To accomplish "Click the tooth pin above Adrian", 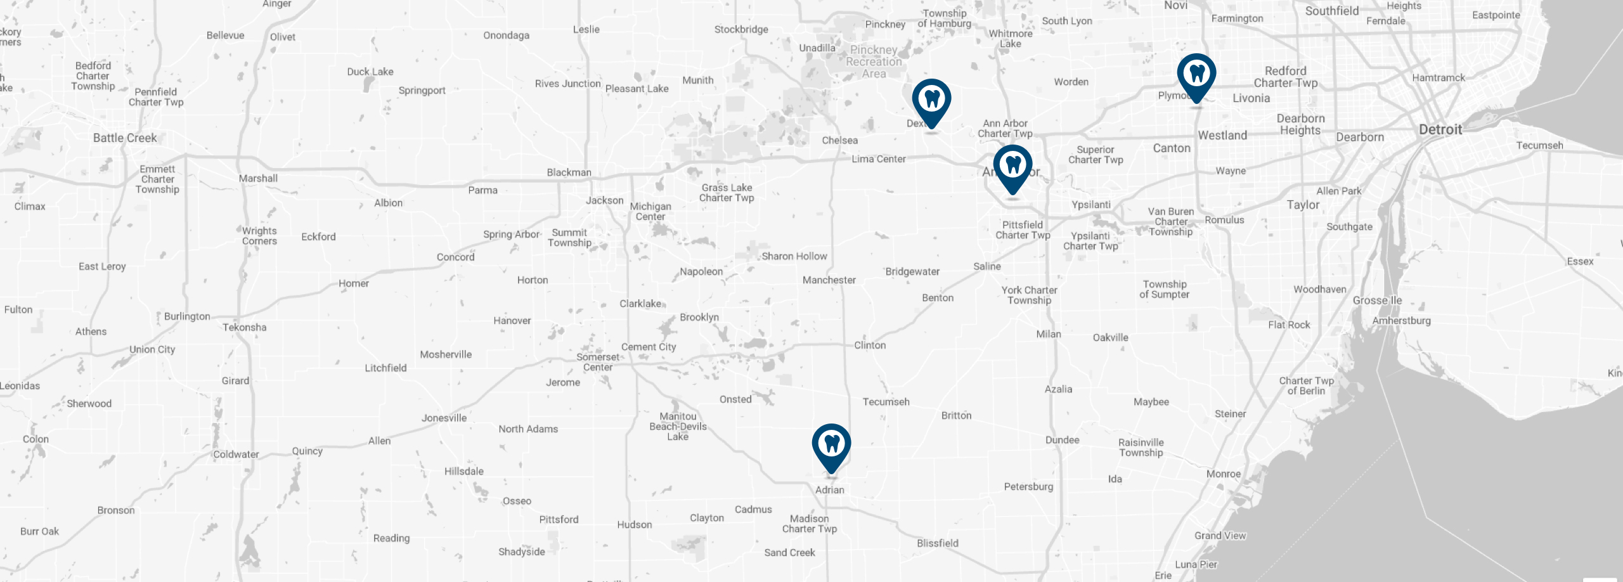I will (831, 445).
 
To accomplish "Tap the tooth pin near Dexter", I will (931, 100).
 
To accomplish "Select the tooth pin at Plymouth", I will (1196, 75).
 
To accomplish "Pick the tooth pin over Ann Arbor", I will (1012, 166).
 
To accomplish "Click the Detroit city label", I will (1440, 129).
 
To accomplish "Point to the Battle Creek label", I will (125, 138).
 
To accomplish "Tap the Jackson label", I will (604, 200).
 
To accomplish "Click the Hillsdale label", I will (463, 471).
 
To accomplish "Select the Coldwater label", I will (236, 454).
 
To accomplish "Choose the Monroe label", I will (1223, 474).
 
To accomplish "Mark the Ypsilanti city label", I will (1090, 205).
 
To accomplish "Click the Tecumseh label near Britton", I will (886, 401).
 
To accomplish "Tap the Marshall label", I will (258, 178).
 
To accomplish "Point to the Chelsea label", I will (839, 140).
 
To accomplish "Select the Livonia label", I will (1251, 98).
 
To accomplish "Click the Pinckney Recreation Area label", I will (874, 61).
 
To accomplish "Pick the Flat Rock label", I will (1289, 325).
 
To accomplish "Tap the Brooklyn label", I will (699, 317).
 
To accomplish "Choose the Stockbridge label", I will (741, 29).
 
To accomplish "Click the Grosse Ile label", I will (1377, 301).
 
